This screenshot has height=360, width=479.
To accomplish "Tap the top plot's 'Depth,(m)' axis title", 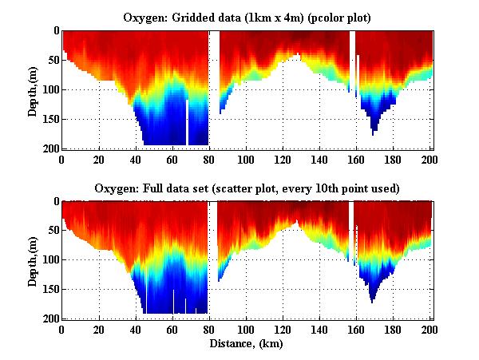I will pos(33,89).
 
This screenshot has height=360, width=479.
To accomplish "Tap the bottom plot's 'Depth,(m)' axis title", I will pos(33,260).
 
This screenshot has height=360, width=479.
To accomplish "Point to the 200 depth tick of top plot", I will pos(50,149).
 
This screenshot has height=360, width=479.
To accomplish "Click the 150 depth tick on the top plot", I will pos(50,119).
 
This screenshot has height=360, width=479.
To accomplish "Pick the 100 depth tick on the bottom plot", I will pos(50,260).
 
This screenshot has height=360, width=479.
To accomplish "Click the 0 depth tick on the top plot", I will pos(55,31).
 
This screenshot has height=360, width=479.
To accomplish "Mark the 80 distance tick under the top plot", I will pos(209,159).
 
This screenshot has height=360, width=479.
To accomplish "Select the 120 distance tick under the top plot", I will pos(283,159).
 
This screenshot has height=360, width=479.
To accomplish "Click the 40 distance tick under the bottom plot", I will pos(135,329).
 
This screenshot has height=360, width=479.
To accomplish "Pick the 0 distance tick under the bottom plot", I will pos(62,329).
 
